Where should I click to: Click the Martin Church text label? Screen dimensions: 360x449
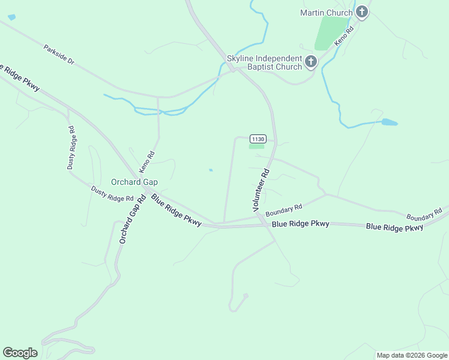pyautogui.click(x=326, y=12)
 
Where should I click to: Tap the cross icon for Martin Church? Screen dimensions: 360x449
pyautogui.click(x=361, y=11)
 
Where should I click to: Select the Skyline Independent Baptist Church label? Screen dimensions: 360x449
pyautogui.click(x=264, y=62)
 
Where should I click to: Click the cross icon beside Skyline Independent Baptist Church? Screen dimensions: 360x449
pyautogui.click(x=310, y=61)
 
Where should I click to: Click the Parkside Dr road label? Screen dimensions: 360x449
pyautogui.click(x=59, y=53)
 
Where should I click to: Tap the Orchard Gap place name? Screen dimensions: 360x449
pyautogui.click(x=134, y=182)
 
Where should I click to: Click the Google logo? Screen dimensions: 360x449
pyautogui.click(x=20, y=353)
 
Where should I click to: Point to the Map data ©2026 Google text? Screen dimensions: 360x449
pyautogui.click(x=412, y=355)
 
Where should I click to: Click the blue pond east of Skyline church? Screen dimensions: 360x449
pyautogui.click(x=389, y=122)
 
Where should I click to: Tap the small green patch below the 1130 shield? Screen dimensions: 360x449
pyautogui.click(x=256, y=146)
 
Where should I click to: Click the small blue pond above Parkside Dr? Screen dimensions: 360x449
pyautogui.click(x=11, y=17)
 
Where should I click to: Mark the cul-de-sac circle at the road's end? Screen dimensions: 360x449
pyautogui.click(x=245, y=295)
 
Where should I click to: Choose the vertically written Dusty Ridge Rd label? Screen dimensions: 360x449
pyautogui.click(x=70, y=148)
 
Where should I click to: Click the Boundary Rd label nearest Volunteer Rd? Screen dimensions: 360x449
pyautogui.click(x=283, y=210)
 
